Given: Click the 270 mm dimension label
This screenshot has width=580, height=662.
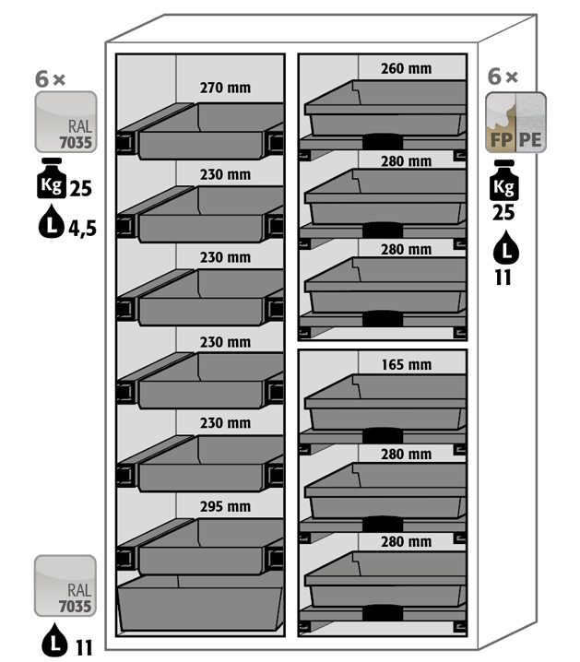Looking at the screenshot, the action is (x=225, y=88).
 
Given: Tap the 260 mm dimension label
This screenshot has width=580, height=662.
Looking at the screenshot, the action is (x=406, y=68).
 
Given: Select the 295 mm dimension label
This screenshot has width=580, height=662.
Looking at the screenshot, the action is (x=225, y=506).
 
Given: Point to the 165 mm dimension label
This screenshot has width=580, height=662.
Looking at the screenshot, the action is (x=407, y=364).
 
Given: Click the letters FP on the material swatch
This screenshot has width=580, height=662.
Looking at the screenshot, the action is (x=502, y=140).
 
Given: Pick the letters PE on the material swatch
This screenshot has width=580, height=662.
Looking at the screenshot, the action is (x=530, y=140).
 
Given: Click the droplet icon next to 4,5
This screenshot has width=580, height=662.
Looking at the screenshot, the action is (x=51, y=221).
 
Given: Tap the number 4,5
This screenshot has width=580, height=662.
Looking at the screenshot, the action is (x=83, y=229).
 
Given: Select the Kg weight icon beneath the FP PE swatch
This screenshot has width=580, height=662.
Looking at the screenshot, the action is (x=504, y=181).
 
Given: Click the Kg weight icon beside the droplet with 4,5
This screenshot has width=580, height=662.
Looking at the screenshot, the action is (x=52, y=178).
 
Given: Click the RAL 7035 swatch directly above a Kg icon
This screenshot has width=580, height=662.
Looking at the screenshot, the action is (x=65, y=122).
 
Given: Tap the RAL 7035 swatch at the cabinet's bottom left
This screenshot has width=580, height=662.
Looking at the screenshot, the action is (x=65, y=585).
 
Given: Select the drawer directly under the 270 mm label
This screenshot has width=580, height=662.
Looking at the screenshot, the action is (x=200, y=131).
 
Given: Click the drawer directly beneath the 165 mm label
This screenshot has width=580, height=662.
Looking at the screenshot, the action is (x=385, y=403).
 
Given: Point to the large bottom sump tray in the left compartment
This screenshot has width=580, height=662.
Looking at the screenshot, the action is (x=200, y=604).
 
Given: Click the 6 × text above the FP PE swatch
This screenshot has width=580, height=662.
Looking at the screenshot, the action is (x=503, y=77).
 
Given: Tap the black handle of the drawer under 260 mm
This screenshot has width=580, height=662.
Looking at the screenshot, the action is (x=383, y=141).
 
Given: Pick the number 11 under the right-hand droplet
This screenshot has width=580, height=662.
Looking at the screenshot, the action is (x=503, y=278).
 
